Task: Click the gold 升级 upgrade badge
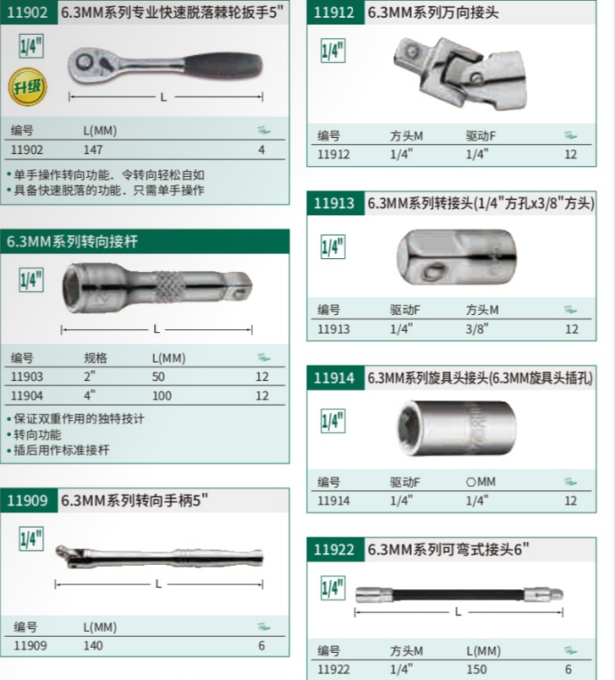tap(27, 86)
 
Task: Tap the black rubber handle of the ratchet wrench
tap(224, 65)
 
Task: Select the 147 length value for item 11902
tap(93, 150)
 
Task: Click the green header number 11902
tap(27, 12)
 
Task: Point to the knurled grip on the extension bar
tap(170, 287)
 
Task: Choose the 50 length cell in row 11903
tap(158, 377)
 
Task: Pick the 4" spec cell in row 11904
tap(90, 395)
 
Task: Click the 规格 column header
tap(96, 358)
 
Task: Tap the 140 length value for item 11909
tap(93, 646)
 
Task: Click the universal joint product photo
tap(460, 73)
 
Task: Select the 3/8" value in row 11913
tap(477, 329)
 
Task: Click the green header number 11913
tap(334, 203)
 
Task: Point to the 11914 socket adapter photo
tap(457, 428)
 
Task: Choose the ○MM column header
tap(480, 482)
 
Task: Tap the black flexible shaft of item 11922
tap(459, 594)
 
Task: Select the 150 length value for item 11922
tap(476, 669)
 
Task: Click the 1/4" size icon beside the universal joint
tap(333, 51)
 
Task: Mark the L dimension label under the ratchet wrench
tap(163, 97)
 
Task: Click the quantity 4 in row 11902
tap(261, 150)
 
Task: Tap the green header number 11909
tap(27, 500)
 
